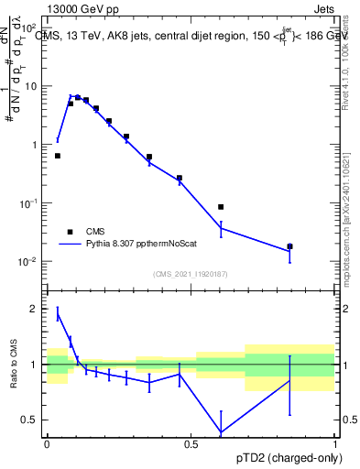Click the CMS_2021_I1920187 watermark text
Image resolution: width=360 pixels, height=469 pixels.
click(x=190, y=273)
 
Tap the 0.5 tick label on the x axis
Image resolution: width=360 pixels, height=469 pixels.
click(x=191, y=443)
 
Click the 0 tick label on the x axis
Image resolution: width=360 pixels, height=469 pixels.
click(x=47, y=443)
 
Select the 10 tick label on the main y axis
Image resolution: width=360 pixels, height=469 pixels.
click(x=29, y=86)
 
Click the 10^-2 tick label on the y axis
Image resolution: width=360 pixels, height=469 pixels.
click(x=27, y=261)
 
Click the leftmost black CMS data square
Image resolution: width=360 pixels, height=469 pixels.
click(x=58, y=156)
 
